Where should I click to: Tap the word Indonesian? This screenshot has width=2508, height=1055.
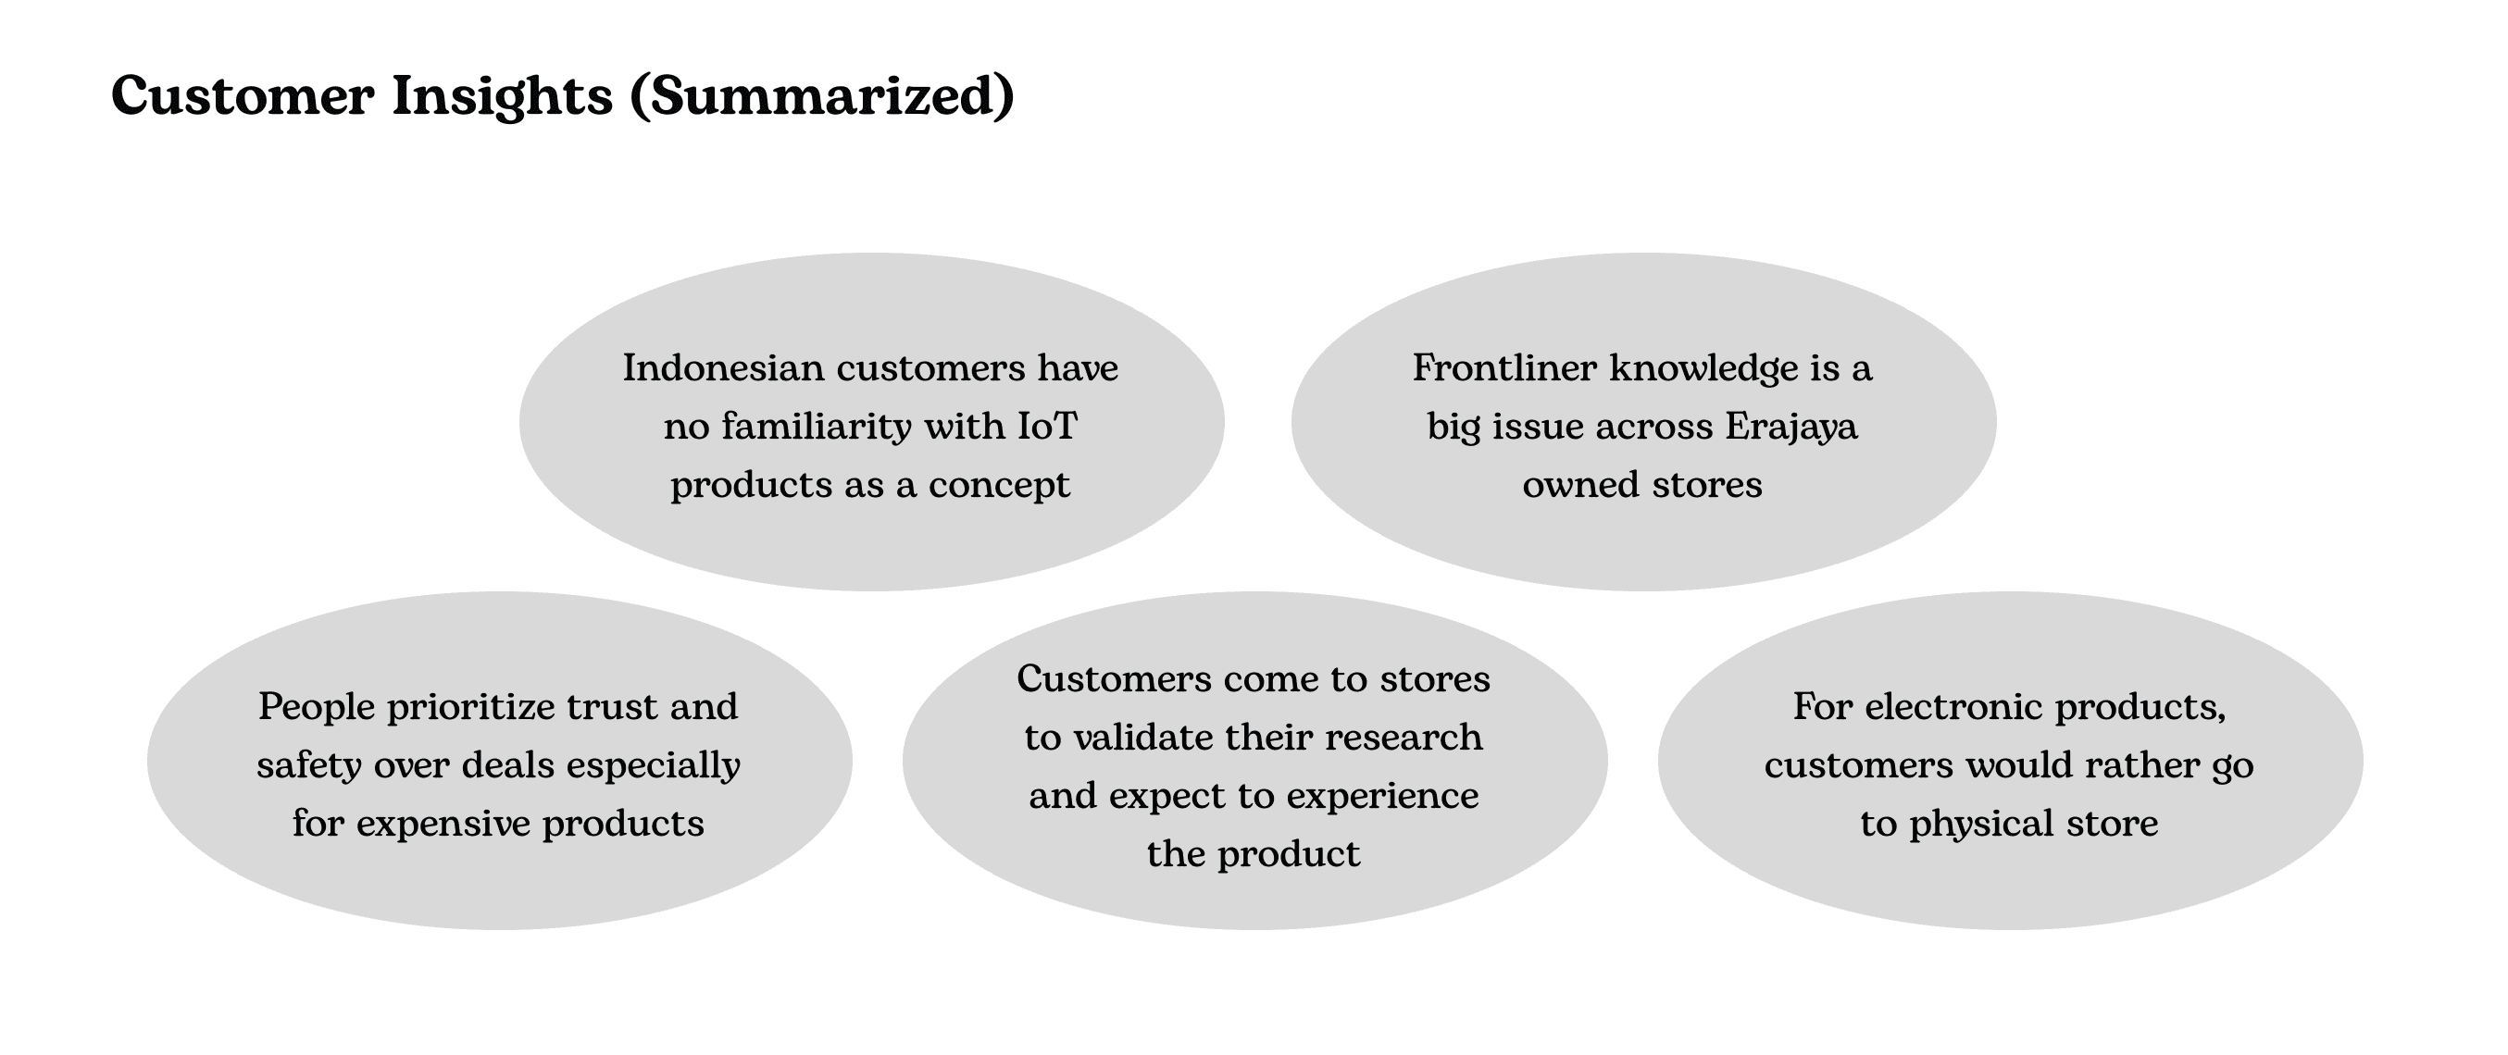coord(723,368)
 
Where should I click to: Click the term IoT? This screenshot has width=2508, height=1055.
coord(1047,427)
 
